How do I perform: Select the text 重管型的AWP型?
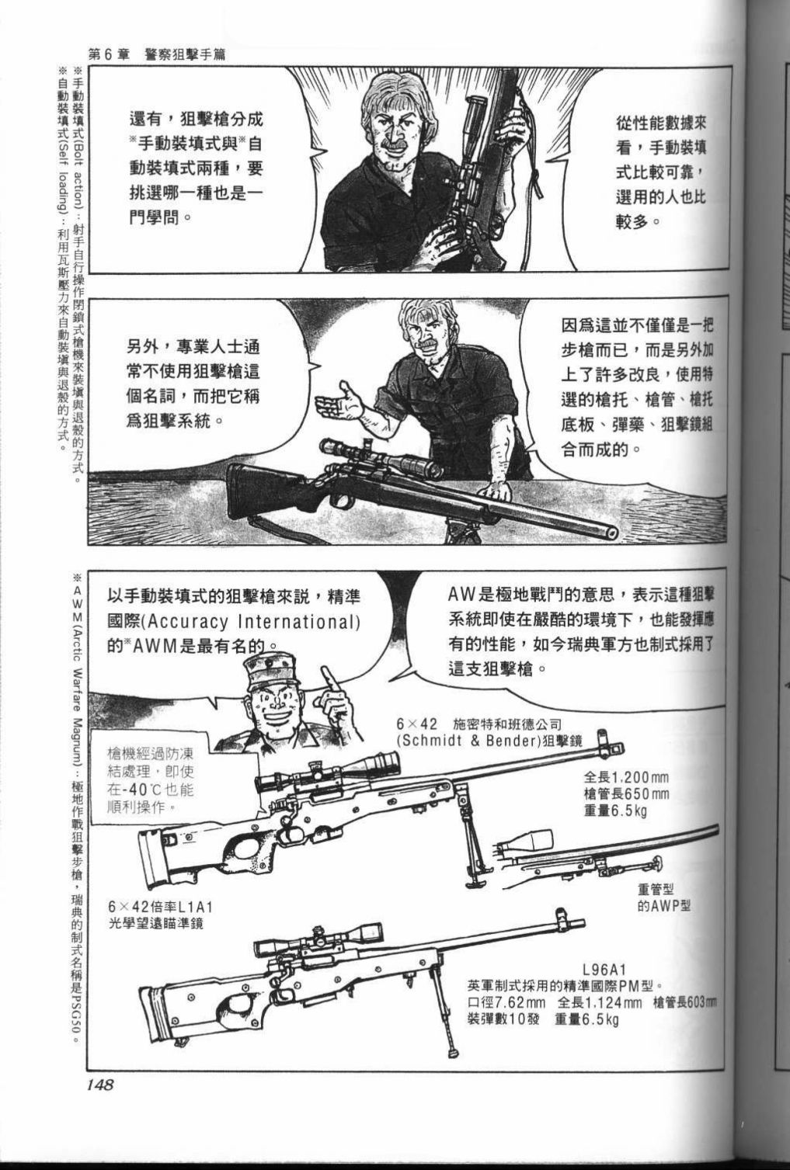coord(664,897)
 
